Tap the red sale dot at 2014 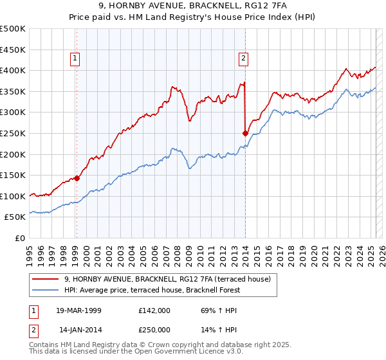click(x=245, y=133)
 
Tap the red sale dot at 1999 click(x=77, y=178)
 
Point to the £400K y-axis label click(x=13, y=70)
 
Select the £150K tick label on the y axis click(x=13, y=175)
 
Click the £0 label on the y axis click(x=19, y=238)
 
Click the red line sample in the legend click(x=46, y=279)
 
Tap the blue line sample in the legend click(x=46, y=290)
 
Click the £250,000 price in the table click(x=153, y=330)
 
